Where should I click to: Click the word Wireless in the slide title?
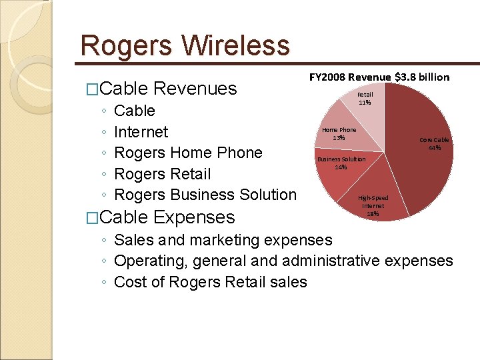236,46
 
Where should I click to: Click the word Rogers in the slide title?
127,46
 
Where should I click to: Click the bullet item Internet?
141,132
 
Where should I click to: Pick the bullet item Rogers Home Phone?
188,153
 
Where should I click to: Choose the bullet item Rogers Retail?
162,174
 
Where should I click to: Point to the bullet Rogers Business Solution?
205,195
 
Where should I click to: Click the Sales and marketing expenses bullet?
223,240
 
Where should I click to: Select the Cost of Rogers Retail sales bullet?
210,282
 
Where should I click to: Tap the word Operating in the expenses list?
147,261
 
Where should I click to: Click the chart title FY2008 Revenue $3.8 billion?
379,77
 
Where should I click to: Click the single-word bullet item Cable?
135,111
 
